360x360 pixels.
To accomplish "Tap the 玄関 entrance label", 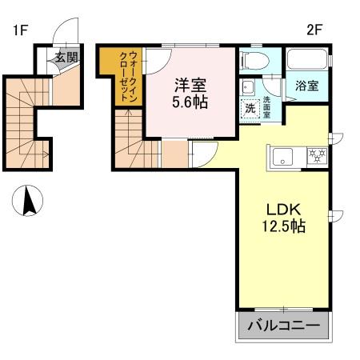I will coord(66,57).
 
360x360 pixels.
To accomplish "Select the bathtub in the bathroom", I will coord(306,61).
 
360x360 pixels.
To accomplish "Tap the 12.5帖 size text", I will coord(283,226).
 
